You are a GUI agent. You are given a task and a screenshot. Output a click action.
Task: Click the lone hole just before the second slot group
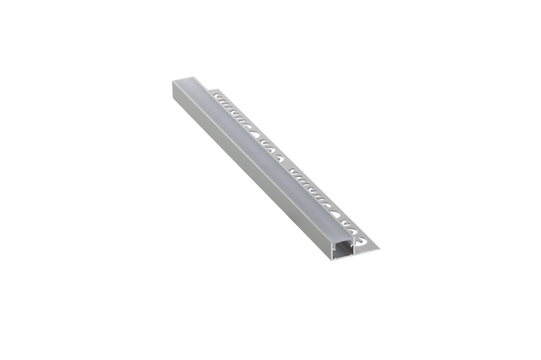pos(283,158)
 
